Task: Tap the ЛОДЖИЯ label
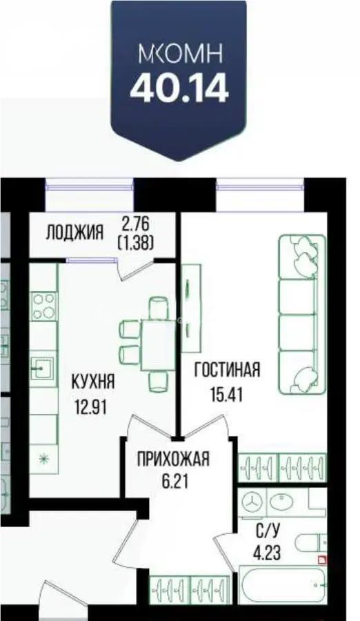pyautogui.click(x=74, y=232)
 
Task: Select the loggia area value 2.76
pyautogui.click(x=135, y=224)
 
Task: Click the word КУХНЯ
pyautogui.click(x=92, y=381)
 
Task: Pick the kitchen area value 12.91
pyautogui.click(x=92, y=406)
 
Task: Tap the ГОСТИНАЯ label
pyautogui.click(x=227, y=370)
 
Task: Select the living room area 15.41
pyautogui.click(x=227, y=395)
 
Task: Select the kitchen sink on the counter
pyautogui.click(x=43, y=368)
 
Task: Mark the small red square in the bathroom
pyautogui.click(x=321, y=560)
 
